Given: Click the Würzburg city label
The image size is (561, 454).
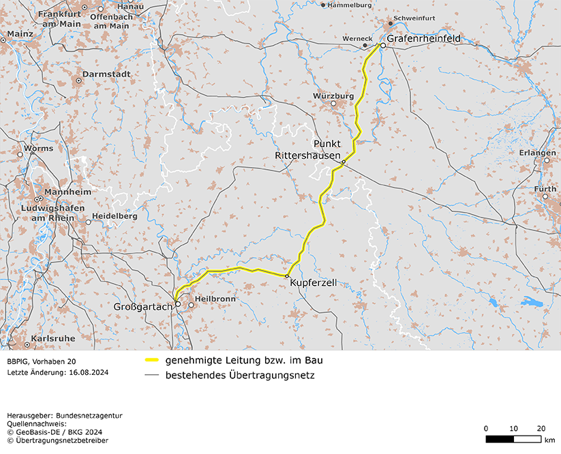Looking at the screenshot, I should (x=333, y=96).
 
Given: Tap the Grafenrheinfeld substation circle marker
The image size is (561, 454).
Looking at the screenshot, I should (x=383, y=46).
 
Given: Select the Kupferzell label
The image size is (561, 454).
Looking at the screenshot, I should (x=313, y=282).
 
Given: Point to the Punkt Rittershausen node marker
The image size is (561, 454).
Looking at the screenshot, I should (x=344, y=162).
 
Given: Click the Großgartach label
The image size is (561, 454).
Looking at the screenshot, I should (x=143, y=307).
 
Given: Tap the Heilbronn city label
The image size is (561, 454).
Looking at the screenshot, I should (x=215, y=299).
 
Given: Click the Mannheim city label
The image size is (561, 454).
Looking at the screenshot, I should (x=67, y=192).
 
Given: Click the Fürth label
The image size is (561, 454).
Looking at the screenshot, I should (x=545, y=189).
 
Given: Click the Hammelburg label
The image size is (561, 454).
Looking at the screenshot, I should (x=350, y=5).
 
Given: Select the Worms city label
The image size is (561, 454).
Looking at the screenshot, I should (x=38, y=148).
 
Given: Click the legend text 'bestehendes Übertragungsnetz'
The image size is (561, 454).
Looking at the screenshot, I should (x=239, y=375).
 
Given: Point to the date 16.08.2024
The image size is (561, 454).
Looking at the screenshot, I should (x=87, y=373).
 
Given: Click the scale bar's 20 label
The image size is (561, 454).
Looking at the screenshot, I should (x=541, y=428).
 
